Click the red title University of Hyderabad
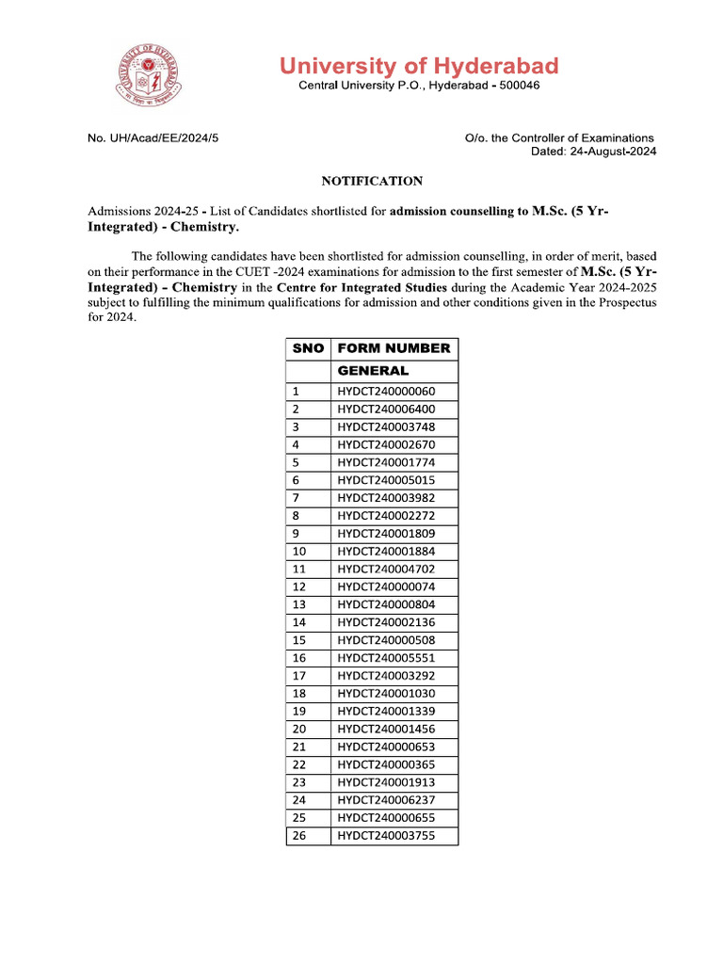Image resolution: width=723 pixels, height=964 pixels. coord(418,66)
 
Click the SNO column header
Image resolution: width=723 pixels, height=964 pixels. coord(308,348)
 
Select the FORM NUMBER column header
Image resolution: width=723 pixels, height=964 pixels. coord(394,348)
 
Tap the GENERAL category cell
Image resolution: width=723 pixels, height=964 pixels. coord(373,371)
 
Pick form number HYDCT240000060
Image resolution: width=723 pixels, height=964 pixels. coord(386,392)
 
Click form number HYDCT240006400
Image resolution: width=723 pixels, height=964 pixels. coord(386,410)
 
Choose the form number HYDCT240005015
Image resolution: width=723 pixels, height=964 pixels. coord(386,480)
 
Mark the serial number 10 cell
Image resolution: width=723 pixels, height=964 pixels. coord(299,552)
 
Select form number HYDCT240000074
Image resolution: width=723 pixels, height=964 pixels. coord(386,586)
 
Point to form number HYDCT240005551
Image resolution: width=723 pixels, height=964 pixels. coord(386,658)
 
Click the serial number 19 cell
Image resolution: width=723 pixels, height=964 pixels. coord(299,712)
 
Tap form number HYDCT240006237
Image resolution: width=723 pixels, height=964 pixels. coord(386,800)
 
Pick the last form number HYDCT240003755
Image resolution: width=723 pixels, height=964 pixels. coord(386,836)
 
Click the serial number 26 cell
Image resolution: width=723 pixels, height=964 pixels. coord(299,836)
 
